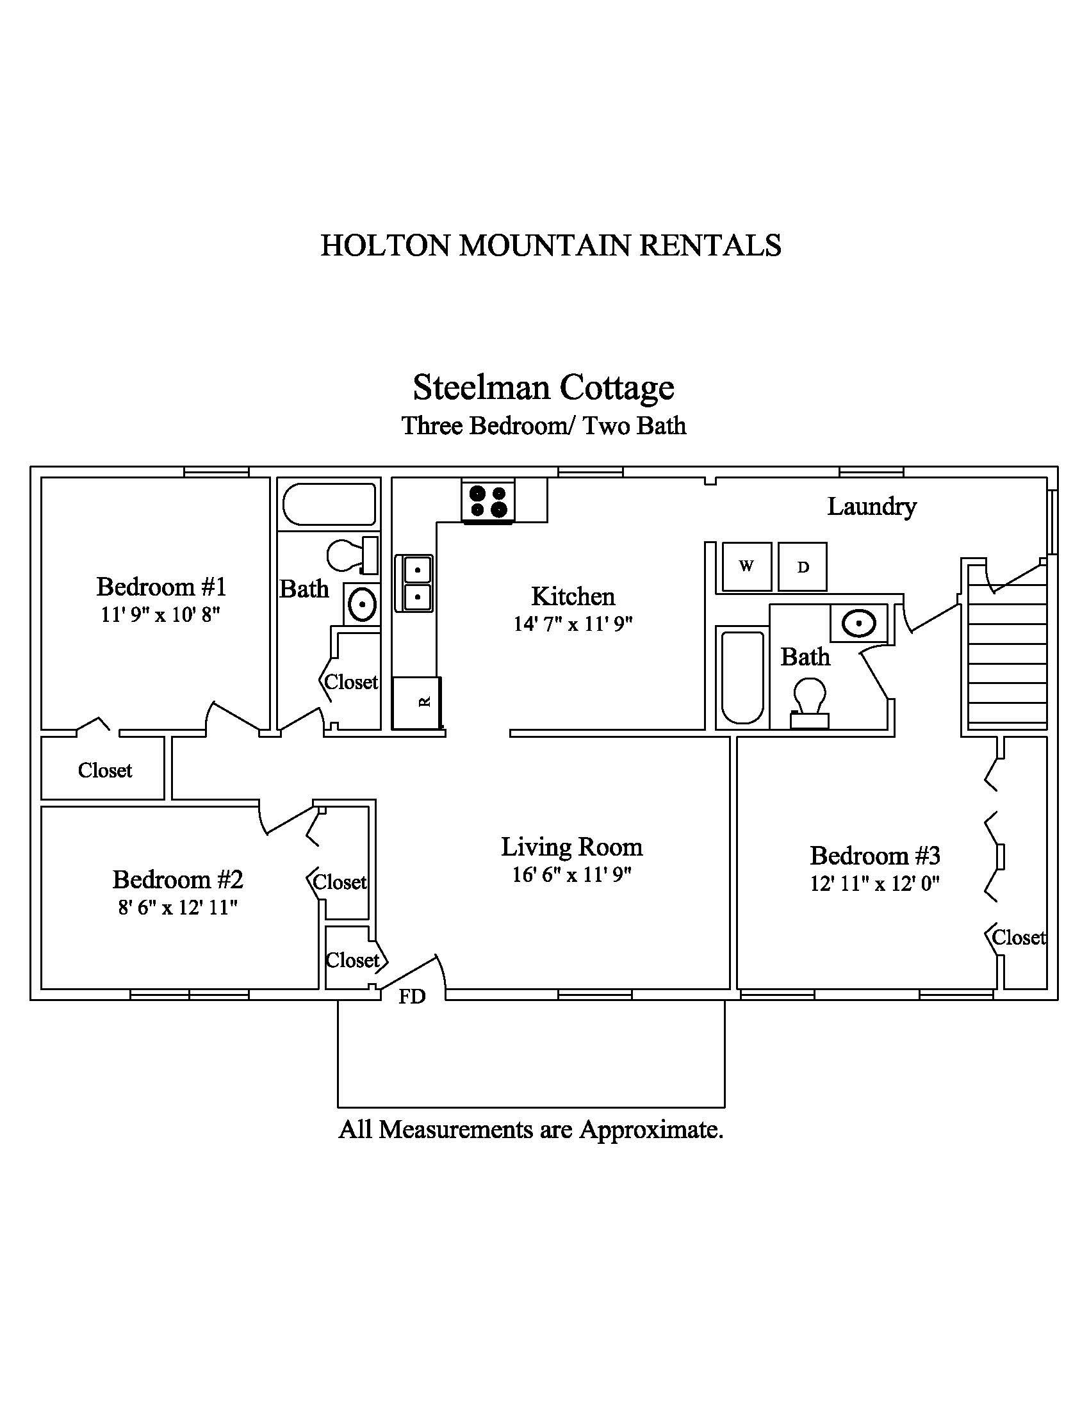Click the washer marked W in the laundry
click(746, 566)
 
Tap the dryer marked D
click(803, 566)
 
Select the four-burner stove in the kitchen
click(487, 501)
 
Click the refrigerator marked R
click(418, 703)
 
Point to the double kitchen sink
click(414, 583)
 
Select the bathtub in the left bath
click(329, 505)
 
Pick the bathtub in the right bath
click(742, 678)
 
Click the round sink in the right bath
click(858, 624)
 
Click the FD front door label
click(412, 997)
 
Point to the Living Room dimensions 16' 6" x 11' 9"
click(571, 875)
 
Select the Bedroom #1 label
click(161, 587)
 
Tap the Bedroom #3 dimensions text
click(875, 883)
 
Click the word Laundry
click(872, 507)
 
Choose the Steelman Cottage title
click(544, 387)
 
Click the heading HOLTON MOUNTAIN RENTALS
click(551, 246)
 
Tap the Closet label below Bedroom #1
click(105, 770)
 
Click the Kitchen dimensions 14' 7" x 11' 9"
click(573, 624)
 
